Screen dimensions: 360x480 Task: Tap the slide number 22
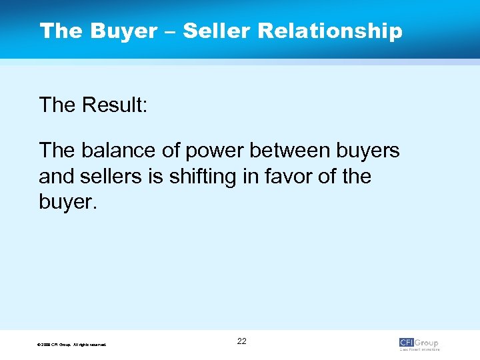[241, 341]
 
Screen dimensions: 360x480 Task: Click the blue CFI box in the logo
[407, 343]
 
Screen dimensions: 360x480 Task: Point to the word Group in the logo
[427, 343]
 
